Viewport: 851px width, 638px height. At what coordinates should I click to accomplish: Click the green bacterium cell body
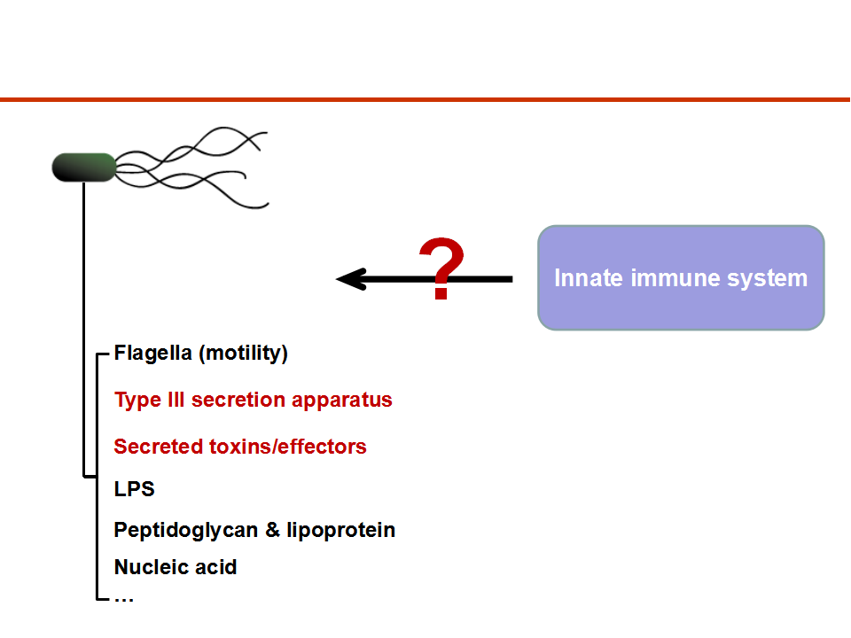[84, 167]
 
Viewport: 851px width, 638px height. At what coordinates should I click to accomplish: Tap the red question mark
[441, 268]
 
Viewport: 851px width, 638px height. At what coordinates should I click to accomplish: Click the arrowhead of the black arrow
[351, 279]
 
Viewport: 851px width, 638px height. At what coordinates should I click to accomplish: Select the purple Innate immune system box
[681, 277]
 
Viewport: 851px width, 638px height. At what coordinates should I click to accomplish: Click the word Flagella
[153, 354]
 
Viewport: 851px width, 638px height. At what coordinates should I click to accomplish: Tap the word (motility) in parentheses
[244, 354]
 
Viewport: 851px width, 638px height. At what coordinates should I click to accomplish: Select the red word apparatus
[342, 401]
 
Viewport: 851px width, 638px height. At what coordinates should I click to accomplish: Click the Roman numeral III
[176, 400]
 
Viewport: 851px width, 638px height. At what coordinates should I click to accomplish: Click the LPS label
[135, 489]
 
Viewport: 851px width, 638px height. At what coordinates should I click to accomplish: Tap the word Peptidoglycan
[186, 530]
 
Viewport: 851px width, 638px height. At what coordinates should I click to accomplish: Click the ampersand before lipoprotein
[272, 530]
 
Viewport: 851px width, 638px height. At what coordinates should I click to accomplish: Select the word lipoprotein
[340, 530]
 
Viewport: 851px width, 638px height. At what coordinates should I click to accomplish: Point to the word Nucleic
[152, 567]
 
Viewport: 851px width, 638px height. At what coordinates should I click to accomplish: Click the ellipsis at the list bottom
[124, 600]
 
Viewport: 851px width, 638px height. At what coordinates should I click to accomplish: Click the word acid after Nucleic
[216, 567]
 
